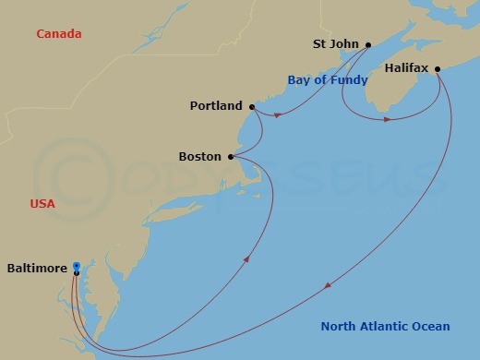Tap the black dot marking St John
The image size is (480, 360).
pos(367,44)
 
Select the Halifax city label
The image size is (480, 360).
pos(406,67)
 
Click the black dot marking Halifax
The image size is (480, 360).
pos(438,67)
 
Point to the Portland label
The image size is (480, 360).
pos(216,106)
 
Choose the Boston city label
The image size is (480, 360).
pos(200,157)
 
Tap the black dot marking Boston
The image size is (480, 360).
pos(230,157)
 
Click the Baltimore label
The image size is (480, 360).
pos(37,269)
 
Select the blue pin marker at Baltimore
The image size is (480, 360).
pos(76,267)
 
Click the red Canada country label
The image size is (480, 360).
pos(59,34)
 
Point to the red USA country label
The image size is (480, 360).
pos(42,203)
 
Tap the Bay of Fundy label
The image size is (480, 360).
pos(328,80)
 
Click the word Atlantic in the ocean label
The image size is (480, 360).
pos(386,327)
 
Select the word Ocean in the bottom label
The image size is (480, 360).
pos(432,327)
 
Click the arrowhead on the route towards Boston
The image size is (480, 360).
pos(247,259)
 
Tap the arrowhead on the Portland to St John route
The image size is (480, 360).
pos(278,114)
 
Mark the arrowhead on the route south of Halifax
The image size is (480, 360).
pos(388,119)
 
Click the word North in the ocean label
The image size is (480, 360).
pos(339,327)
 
